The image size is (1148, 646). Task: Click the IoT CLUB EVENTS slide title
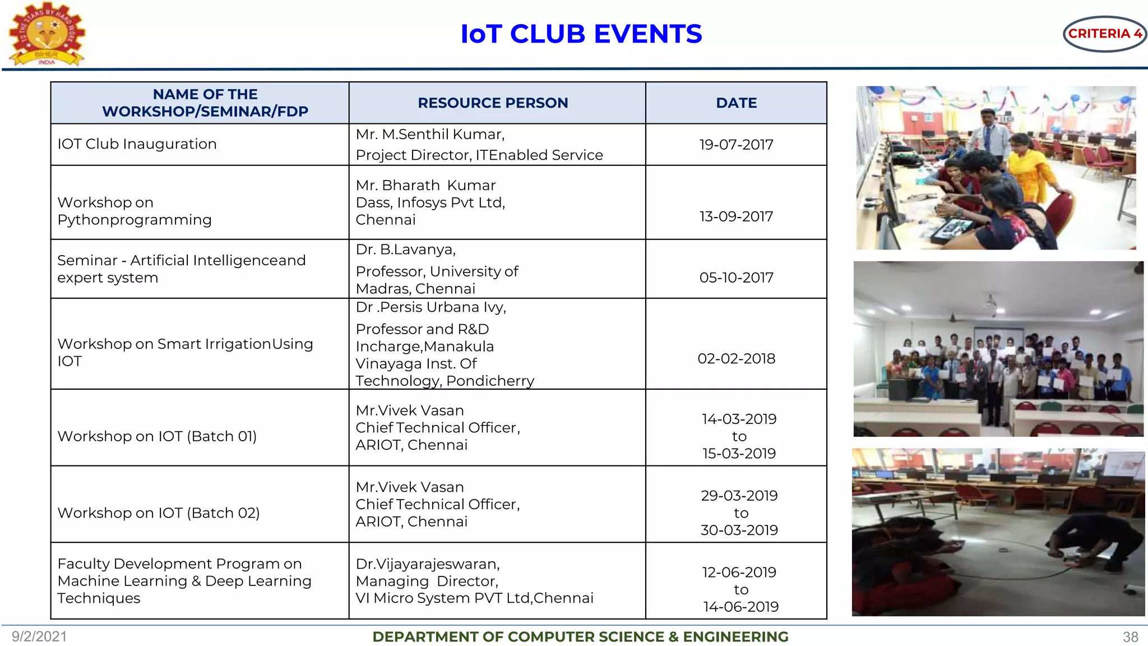pos(581,34)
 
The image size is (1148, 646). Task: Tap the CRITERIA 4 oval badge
pos(1104,34)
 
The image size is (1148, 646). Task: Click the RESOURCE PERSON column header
pos(493,103)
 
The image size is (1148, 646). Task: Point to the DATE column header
pos(736,103)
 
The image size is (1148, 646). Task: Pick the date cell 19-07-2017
pos(736,145)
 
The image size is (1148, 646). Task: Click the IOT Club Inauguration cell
pos(137,144)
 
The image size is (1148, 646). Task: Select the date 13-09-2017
pos(736,216)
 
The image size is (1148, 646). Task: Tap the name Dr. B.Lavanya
pos(405,249)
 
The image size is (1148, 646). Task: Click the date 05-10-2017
pos(736,278)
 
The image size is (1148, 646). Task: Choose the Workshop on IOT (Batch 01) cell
pos(157,436)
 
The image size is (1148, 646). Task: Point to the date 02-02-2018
pos(736,358)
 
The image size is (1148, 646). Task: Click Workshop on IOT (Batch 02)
pos(159,513)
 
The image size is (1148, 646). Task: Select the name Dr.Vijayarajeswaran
pos(428,564)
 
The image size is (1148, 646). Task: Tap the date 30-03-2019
pos(739,530)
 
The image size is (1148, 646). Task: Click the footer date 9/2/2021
pos(39,636)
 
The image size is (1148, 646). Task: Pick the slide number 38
pos(1130,637)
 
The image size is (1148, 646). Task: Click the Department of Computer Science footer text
pos(580,637)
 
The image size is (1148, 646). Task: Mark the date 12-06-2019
pos(739,572)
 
